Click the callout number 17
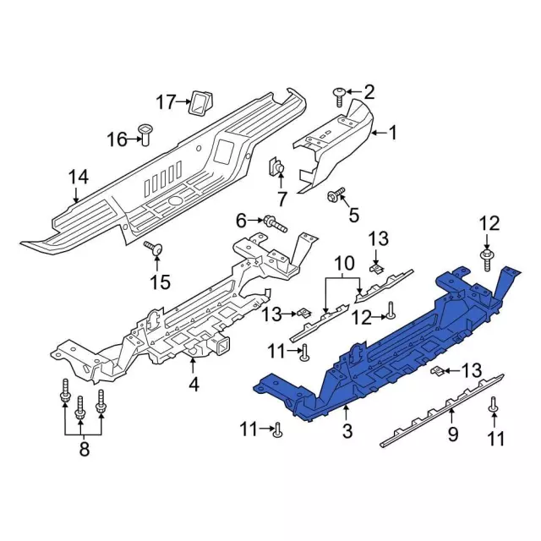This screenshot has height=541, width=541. pos(167,102)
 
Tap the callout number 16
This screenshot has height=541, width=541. pos(117,139)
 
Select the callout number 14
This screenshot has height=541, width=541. pos(79,177)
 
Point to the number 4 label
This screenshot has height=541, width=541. pos(194,385)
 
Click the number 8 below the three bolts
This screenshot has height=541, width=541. pos(85,449)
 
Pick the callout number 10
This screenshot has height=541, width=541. pos(344,263)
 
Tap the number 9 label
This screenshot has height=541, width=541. pos(453,434)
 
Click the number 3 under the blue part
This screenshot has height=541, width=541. pos(347,431)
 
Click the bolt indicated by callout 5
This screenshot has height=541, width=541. pos(336,195)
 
